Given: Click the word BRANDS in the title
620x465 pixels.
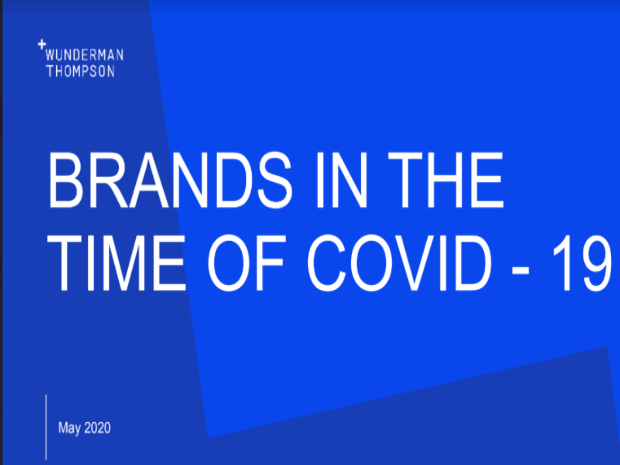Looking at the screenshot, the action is click(171, 180).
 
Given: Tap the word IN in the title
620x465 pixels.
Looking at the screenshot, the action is click(342, 180).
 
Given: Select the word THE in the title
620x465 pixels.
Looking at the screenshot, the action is click(446, 180).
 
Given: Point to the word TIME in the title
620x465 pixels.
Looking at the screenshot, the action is click(116, 262).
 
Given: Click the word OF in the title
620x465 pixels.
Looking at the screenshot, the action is click(246, 262).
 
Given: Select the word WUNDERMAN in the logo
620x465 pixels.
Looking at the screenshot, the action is click(84, 55).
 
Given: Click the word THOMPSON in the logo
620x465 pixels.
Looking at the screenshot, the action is click(81, 71).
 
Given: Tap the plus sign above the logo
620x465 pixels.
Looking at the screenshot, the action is click(42, 44).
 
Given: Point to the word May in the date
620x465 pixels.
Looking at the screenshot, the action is click(69, 428).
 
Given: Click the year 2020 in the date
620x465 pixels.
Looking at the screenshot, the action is click(98, 428).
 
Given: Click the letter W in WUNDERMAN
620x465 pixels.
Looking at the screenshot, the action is click(50, 55).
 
